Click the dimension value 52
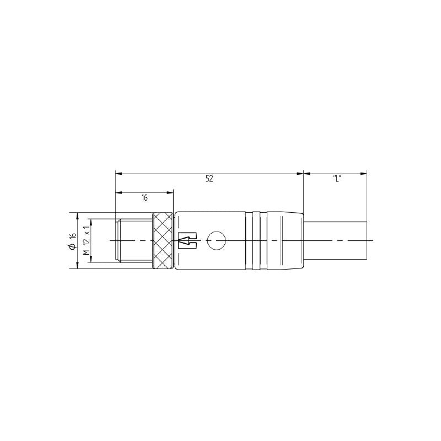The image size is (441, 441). (x=209, y=179)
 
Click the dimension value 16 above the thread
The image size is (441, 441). (x=144, y=197)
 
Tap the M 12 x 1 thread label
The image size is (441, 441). (x=85, y=240)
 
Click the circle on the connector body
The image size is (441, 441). (x=216, y=240)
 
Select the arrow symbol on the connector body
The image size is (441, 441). (x=187, y=240)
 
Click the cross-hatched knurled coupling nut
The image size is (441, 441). (x=163, y=241)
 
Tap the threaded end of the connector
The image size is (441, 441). (x=132, y=241)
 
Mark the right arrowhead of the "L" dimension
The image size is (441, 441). (x=364, y=174)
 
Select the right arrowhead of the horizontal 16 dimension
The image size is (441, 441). (x=170, y=192)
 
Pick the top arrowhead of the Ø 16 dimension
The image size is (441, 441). (x=77, y=216)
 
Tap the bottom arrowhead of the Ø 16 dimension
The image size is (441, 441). (x=77, y=266)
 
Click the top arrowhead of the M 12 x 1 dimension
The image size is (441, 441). (x=92, y=222)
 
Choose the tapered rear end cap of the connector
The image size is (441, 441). (x=289, y=241)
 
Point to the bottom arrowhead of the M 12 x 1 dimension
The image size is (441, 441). (x=92, y=260)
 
